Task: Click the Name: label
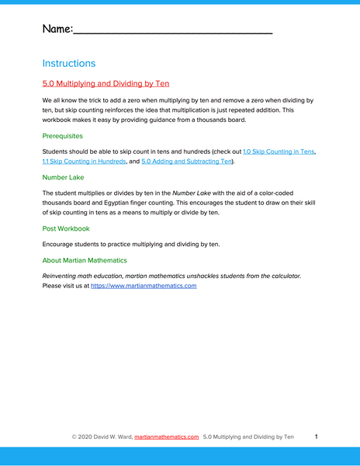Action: (57, 29)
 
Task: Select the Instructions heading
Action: (69, 64)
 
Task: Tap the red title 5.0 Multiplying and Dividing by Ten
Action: (106, 84)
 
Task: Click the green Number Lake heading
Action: (65, 177)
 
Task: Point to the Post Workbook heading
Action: (66, 228)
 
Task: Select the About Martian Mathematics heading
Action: (85, 260)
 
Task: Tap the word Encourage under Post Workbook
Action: (58, 245)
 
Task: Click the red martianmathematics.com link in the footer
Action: (166, 437)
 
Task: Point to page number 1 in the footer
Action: (317, 437)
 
